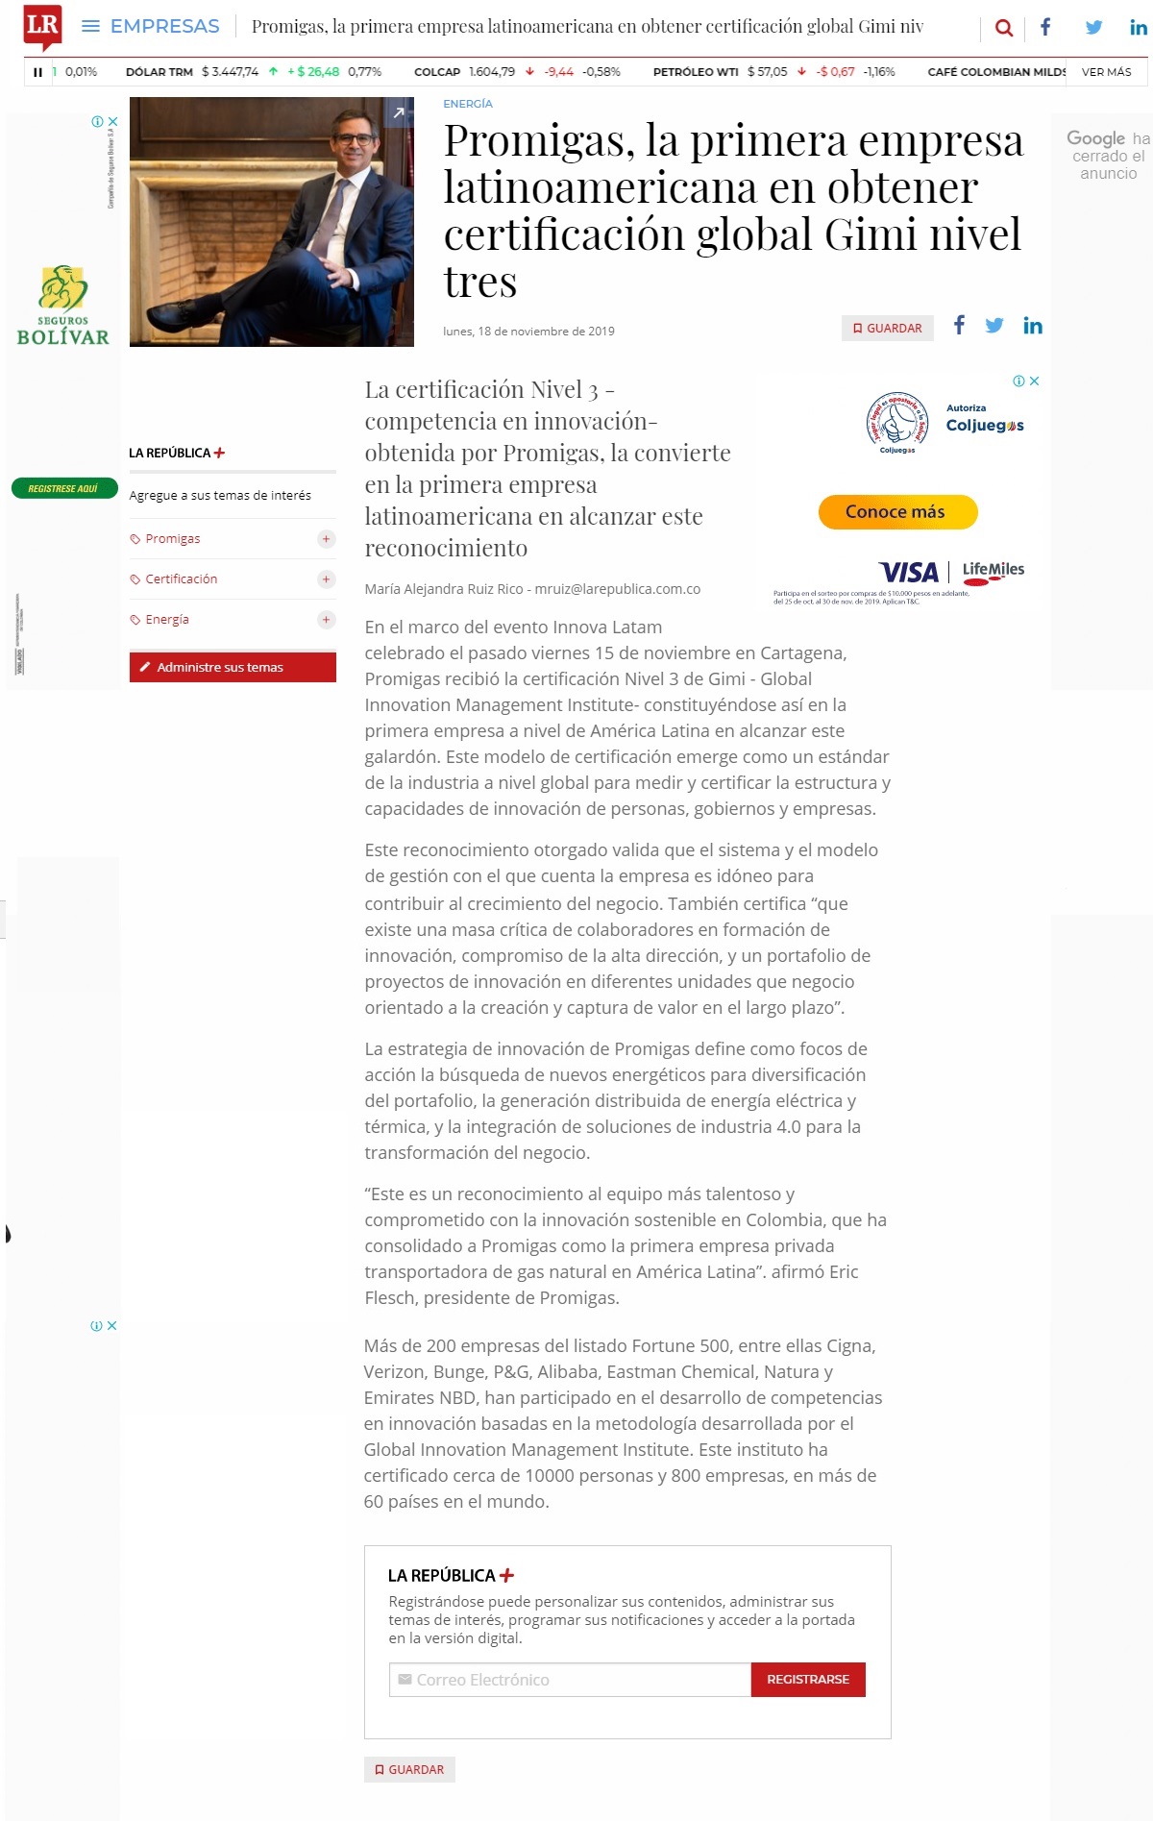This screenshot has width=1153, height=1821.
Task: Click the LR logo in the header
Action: (x=42, y=26)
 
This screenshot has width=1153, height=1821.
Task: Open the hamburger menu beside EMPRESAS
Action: (x=90, y=26)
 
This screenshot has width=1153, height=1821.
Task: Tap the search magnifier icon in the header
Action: (x=1004, y=28)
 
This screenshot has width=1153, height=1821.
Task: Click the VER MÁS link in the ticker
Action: (x=1106, y=72)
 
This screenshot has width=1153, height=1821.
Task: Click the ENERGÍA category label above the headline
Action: (x=468, y=104)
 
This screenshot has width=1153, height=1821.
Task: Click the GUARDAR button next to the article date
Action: (x=888, y=329)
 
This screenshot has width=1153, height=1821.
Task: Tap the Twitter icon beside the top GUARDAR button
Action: (x=994, y=326)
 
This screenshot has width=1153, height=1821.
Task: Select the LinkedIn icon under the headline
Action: (x=1033, y=326)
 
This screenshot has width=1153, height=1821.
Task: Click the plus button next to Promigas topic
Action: (x=327, y=539)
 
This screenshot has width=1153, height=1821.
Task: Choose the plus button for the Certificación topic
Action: (x=327, y=579)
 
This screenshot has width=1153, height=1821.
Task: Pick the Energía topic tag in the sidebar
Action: (x=167, y=620)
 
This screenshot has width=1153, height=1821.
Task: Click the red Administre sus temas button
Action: (x=233, y=667)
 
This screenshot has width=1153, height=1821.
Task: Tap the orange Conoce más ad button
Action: (x=897, y=512)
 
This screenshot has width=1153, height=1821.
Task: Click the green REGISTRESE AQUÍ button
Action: (x=63, y=488)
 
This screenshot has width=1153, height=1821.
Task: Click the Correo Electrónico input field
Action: (x=570, y=1680)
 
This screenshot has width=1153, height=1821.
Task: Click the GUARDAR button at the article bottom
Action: (x=409, y=1769)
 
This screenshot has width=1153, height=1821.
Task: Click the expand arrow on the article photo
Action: (x=398, y=113)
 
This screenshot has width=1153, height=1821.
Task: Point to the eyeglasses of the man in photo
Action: (x=355, y=139)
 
